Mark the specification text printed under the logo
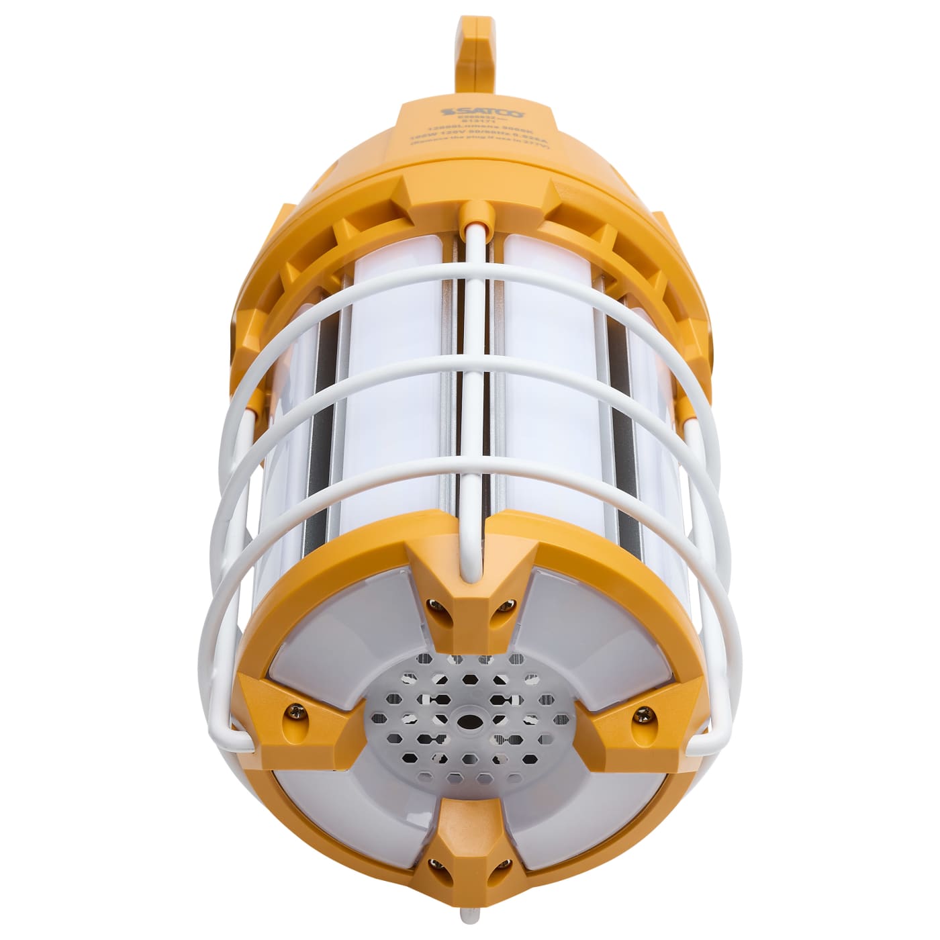tap(479, 138)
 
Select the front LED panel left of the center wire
tap(396, 403)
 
